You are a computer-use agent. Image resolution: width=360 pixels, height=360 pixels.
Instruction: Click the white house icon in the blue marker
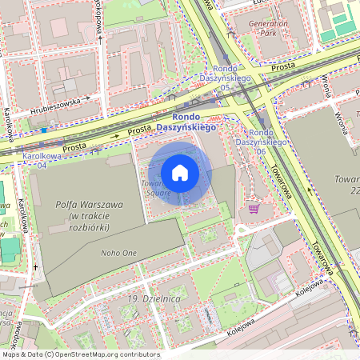(180, 173)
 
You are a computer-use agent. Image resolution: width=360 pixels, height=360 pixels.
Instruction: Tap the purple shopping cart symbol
(254, 209)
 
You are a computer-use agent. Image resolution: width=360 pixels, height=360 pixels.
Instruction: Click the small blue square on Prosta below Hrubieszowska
(44, 130)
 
